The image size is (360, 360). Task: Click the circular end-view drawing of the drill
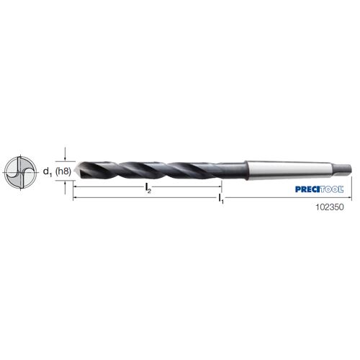(x=21, y=172)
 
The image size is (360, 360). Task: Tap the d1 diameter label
(x=48, y=172)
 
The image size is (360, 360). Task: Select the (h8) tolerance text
(x=63, y=171)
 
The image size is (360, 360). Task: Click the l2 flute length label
(x=148, y=188)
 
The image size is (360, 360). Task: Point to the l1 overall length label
(x=221, y=199)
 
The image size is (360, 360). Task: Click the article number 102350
(x=330, y=207)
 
